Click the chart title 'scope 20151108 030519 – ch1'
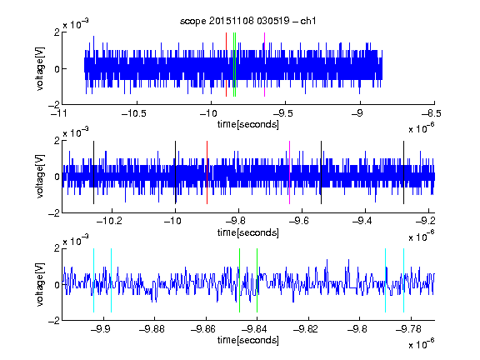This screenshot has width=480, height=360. [x=247, y=21]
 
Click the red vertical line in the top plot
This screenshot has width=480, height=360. [x=226, y=65]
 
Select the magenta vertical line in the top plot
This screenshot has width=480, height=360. [x=264, y=65]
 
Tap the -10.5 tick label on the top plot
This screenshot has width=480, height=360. [x=134, y=113]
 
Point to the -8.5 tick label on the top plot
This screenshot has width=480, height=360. [x=432, y=113]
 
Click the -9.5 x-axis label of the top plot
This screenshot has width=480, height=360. [x=282, y=113]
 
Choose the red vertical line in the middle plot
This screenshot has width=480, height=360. [x=207, y=172]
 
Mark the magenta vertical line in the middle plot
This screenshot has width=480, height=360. [x=290, y=172]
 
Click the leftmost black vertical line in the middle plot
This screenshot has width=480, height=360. [x=93, y=172]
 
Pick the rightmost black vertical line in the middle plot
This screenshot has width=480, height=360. [x=403, y=172]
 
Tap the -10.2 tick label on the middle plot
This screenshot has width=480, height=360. [x=109, y=221]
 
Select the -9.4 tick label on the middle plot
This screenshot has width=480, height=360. [x=362, y=221]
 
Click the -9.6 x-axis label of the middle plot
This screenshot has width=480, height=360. [x=298, y=221]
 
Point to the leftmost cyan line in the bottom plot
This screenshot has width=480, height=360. [x=93, y=280]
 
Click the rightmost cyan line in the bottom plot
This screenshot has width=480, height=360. [x=404, y=280]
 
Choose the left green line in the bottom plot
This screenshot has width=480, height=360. [x=239, y=280]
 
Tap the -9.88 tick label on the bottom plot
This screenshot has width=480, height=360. [x=152, y=329]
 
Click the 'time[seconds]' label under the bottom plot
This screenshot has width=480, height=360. [x=248, y=340]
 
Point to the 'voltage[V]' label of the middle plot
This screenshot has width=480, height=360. [x=40, y=177]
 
